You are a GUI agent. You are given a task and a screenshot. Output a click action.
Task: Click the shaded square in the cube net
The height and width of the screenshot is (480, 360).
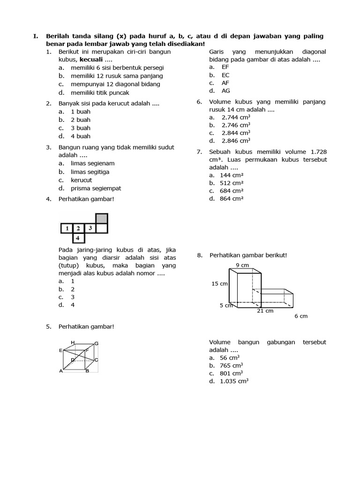(102, 218)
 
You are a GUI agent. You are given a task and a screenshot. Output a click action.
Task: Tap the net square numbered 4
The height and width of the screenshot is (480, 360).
(78, 238)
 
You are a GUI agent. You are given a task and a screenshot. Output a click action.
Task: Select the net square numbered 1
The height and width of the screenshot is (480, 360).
(67, 228)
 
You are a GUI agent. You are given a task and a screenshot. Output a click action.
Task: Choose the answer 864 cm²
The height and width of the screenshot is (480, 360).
(232, 199)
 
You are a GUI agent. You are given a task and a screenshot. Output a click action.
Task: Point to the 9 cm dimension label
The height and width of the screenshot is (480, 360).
(242, 265)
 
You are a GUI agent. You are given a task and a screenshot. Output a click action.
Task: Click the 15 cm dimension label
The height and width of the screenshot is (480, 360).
(219, 284)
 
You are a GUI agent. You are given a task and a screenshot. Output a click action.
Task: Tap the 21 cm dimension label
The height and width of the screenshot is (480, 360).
(265, 310)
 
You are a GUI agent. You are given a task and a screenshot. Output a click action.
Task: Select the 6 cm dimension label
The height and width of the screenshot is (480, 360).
(301, 316)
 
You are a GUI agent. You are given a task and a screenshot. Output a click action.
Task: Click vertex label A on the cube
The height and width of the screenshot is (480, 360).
(61, 371)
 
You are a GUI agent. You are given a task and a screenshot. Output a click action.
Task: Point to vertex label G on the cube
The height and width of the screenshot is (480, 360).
(96, 344)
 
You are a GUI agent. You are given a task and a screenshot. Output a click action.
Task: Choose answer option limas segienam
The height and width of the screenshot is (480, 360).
(92, 163)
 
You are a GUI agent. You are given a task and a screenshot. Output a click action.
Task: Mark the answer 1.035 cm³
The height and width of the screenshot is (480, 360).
(234, 382)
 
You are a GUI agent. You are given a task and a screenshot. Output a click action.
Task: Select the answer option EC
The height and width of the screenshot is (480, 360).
(225, 75)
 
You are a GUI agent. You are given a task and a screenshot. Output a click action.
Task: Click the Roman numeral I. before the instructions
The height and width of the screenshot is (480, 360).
(35, 36)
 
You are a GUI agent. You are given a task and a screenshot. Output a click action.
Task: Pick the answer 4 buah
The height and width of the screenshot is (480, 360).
(80, 136)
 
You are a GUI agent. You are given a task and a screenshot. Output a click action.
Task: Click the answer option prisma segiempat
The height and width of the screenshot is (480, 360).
(96, 188)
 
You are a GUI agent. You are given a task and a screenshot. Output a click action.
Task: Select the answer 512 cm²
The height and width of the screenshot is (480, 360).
(232, 183)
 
